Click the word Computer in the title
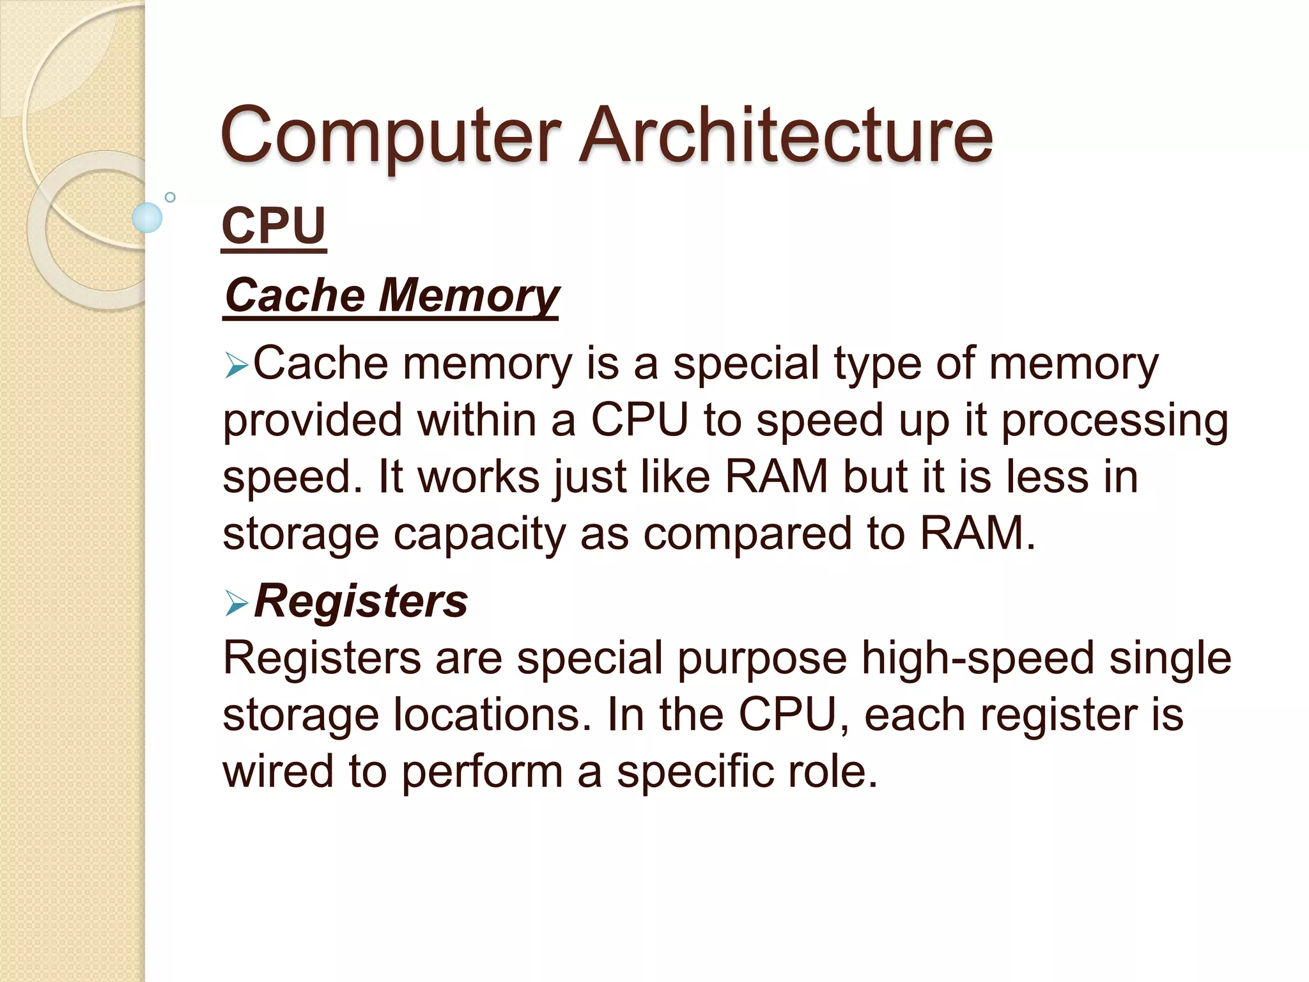pyautogui.click(x=391, y=136)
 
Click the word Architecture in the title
pyautogui.click(x=786, y=136)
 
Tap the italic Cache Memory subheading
pyautogui.click(x=392, y=295)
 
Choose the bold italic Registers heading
pyautogui.click(x=361, y=602)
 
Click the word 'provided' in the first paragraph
pyautogui.click(x=312, y=421)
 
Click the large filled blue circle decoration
pyautogui.click(x=147, y=217)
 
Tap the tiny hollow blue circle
pyautogui.click(x=170, y=197)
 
